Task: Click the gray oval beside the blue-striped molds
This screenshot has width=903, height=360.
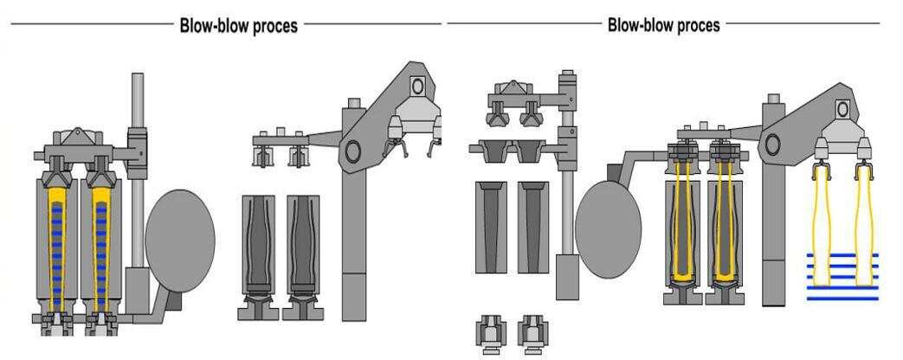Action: [179, 235]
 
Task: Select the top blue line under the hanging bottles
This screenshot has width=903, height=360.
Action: [842, 255]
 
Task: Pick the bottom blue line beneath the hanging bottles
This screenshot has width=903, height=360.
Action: [842, 299]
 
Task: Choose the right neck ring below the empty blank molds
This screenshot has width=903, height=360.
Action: [531, 332]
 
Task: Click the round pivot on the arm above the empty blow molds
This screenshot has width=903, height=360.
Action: [352, 151]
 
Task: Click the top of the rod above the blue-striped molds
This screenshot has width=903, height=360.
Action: [137, 80]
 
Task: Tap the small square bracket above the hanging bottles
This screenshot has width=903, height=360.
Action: [842, 108]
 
